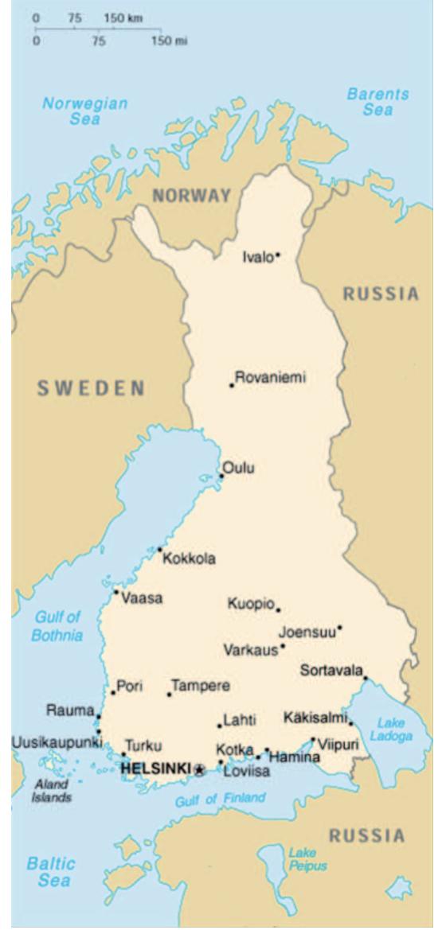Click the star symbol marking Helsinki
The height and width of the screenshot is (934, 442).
pos(199,769)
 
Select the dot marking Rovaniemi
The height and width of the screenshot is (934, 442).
pos(232,386)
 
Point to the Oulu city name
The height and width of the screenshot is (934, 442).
pos(239,468)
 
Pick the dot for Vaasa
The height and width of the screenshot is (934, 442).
pos(116,592)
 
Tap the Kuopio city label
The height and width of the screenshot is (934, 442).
pos(251,604)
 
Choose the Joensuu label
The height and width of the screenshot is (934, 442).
pos(307,632)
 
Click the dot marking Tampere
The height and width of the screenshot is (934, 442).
pos(169,695)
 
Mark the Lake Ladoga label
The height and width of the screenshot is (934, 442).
pos(391,730)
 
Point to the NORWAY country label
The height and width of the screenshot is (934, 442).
pos(192,195)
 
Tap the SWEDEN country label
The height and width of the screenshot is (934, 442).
pos(91,388)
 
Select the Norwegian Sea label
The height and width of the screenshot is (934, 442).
pos(84,111)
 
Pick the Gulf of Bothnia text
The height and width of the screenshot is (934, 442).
pos(57,626)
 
